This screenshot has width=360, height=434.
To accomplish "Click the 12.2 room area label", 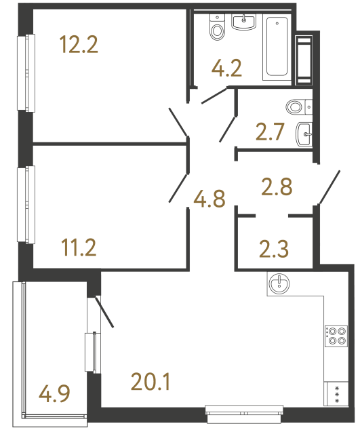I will (x=79, y=46).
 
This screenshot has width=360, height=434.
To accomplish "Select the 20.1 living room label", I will (x=150, y=383).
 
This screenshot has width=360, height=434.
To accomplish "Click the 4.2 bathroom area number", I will (x=227, y=68).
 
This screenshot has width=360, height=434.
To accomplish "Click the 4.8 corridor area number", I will (x=209, y=200).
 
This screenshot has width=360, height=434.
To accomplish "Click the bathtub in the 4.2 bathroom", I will (x=277, y=47).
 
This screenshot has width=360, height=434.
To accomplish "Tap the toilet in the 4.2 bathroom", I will (x=218, y=28).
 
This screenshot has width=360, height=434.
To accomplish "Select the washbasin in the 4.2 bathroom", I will (x=243, y=22).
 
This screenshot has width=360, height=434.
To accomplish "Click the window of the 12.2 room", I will (x=28, y=73).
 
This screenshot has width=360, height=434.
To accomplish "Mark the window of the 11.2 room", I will (x=28, y=204).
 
